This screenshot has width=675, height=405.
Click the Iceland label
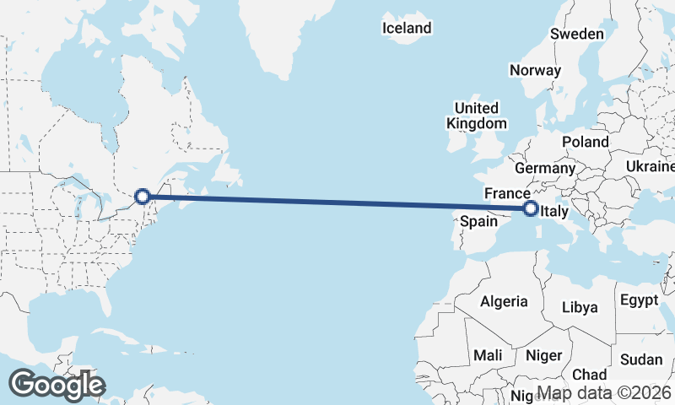pos(407,28)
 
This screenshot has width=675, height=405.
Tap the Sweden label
pos(577,34)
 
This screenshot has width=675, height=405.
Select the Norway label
pos(535,70)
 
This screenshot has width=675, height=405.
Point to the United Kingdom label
pos(477,116)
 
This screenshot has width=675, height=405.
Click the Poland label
pos(585,141)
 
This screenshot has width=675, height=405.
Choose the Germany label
pos(544,168)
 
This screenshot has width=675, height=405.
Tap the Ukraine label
pos(649,167)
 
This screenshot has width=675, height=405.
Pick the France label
pos(506,194)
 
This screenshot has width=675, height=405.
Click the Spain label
pos(478,222)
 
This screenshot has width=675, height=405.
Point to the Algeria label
pos(504,301)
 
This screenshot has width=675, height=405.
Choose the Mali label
pos(488,355)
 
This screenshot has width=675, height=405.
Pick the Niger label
pos(543,355)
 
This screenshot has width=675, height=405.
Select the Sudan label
pos(640,359)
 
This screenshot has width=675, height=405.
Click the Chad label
pos(589,374)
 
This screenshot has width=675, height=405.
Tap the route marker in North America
pos(143,197)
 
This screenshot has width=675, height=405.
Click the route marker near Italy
pos(531,208)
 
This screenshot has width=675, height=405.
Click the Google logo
pos(57,385)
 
